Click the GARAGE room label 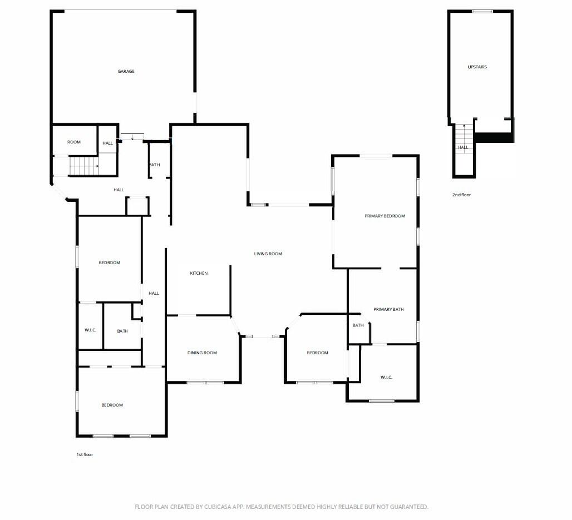tap(126, 71)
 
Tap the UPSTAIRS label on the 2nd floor tap(477, 67)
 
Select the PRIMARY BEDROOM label tap(384, 216)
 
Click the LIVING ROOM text tap(268, 254)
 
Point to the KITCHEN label tap(199, 273)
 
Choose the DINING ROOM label tap(202, 353)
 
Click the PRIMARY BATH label tap(388, 309)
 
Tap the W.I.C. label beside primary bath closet tap(386, 377)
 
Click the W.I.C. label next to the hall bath tap(90, 330)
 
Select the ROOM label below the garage tap(74, 142)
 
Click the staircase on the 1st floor tap(83, 166)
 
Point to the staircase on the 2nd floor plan tap(463, 133)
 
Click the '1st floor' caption tap(85, 454)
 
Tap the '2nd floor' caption tap(461, 195)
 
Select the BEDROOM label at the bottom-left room tap(112, 405)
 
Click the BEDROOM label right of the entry tap(317, 353)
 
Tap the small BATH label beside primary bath tap(358, 325)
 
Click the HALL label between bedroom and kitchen tap(154, 293)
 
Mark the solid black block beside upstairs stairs tap(494, 137)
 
